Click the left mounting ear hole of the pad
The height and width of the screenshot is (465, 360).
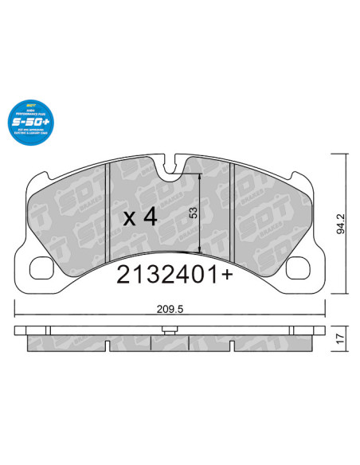pos(43,269)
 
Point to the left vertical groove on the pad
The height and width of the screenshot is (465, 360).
pos(107,211)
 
